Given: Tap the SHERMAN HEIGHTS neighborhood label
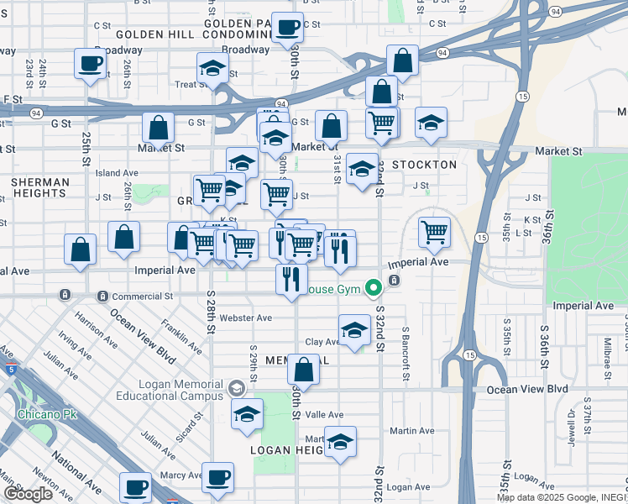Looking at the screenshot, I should point(40,187).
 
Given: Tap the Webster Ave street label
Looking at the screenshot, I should point(245,318).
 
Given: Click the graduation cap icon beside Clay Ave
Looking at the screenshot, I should point(355,330).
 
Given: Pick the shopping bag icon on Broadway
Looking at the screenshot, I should point(403,60).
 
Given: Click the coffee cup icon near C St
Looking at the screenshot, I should point(287,27).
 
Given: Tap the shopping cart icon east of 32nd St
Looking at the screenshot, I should point(434,231).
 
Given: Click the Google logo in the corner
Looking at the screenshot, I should point(28,494).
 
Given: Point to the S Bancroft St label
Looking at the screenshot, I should point(405,354).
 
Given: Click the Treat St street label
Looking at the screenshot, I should point(191,84).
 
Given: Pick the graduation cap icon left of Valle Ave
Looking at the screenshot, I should point(247,413).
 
